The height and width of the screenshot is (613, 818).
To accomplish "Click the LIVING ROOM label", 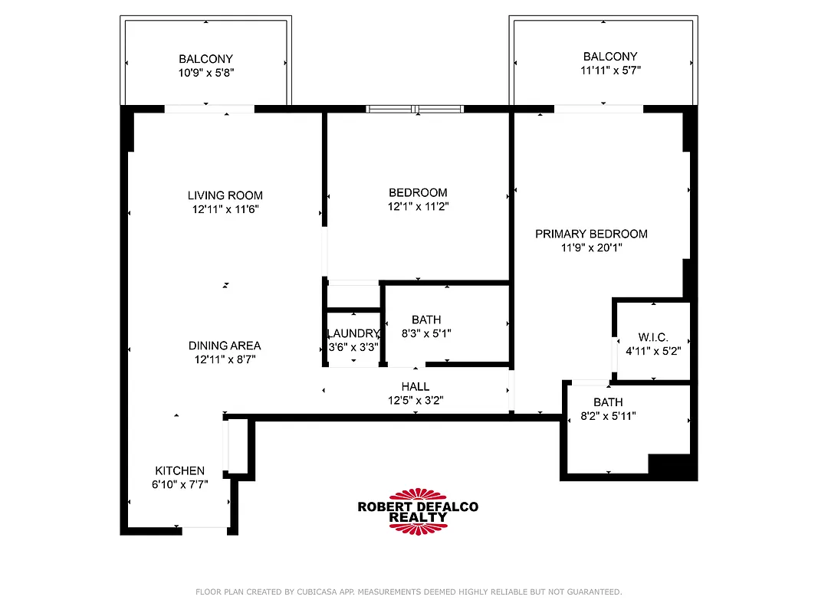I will point(225,195).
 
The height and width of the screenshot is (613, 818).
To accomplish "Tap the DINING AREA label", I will point(225,346).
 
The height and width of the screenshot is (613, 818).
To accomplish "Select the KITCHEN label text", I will point(179,470).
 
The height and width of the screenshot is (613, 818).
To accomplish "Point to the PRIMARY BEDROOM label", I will point(591,234).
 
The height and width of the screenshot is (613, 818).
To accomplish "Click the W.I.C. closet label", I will point(653,337).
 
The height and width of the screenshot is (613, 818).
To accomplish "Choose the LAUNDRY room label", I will point(353,333).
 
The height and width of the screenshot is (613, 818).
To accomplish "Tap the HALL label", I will point(416,386).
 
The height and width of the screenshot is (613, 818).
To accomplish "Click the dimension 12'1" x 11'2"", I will point(418,206).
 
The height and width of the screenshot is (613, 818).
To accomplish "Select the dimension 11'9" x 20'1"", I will point(591,247).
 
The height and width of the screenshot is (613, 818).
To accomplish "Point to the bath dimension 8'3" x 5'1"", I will point(426,333).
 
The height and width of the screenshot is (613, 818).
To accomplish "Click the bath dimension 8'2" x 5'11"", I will point(608,416).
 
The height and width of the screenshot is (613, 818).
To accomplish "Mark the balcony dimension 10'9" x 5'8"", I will point(205,73).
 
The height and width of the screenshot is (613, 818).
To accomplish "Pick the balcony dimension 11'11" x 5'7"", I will point(610,70).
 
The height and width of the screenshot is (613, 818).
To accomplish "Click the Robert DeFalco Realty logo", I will point(418,511).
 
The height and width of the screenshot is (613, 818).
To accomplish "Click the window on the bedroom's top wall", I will point(415,109).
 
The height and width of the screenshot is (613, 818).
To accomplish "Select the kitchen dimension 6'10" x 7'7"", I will point(179,484).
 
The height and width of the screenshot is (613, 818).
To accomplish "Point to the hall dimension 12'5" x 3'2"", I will point(416,400).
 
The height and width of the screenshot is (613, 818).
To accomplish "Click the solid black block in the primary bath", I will point(669,465).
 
